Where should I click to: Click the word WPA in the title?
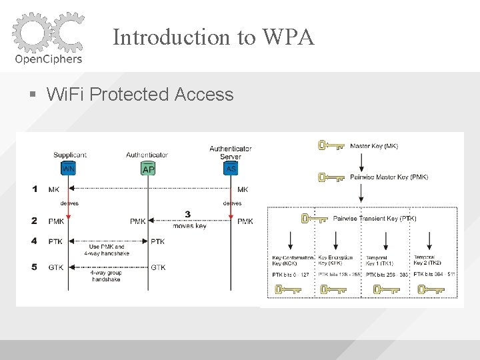(x=291, y=37)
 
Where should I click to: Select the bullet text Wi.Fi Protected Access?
(x=140, y=95)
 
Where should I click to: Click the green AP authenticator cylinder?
(x=148, y=169)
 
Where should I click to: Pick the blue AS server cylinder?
(x=231, y=168)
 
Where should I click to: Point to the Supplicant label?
(x=70, y=155)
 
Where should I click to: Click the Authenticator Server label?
(x=231, y=152)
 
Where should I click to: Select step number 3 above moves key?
(x=188, y=214)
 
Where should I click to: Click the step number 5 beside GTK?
(x=35, y=267)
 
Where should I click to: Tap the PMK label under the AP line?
(x=138, y=221)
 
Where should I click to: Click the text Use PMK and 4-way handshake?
(x=107, y=250)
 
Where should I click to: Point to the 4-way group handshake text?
(x=107, y=275)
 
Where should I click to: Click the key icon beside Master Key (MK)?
(x=331, y=145)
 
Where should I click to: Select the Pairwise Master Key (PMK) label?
(x=389, y=177)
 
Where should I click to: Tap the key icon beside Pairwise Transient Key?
(x=314, y=218)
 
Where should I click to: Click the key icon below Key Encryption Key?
(x=333, y=289)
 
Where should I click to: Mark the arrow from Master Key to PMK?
(x=361, y=161)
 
